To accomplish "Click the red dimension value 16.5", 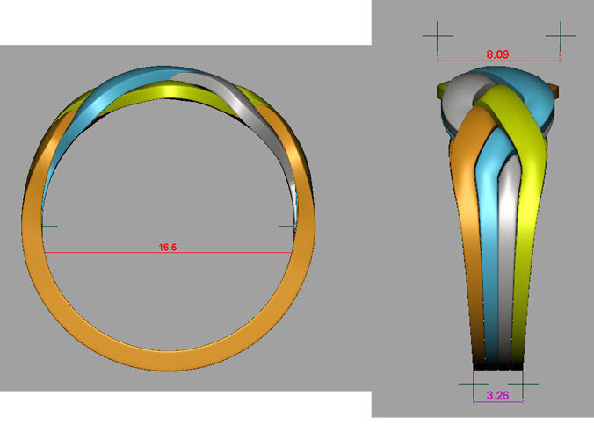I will coord(168,248).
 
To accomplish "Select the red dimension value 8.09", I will coord(497,54).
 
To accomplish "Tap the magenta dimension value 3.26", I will coord(497,395).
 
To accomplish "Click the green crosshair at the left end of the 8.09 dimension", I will coord(438,35).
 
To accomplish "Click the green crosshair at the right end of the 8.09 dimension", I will coord(560,35).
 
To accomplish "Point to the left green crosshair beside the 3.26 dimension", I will coord(474,384).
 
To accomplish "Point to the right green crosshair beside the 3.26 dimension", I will coord(523,384).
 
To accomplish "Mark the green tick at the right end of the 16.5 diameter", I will coord(287,226).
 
